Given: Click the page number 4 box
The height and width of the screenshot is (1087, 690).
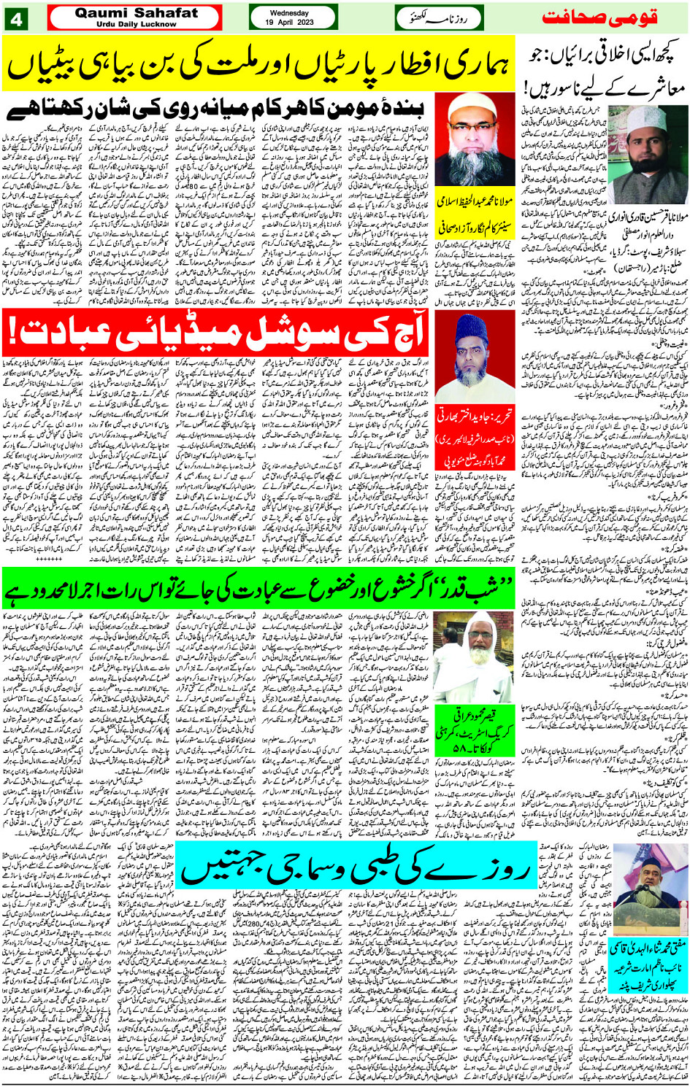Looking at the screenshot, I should [x=15, y=18].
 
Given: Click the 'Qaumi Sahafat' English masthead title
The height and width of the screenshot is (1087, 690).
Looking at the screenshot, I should [x=136, y=12].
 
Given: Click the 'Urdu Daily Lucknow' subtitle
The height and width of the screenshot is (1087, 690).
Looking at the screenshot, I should [x=136, y=24].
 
